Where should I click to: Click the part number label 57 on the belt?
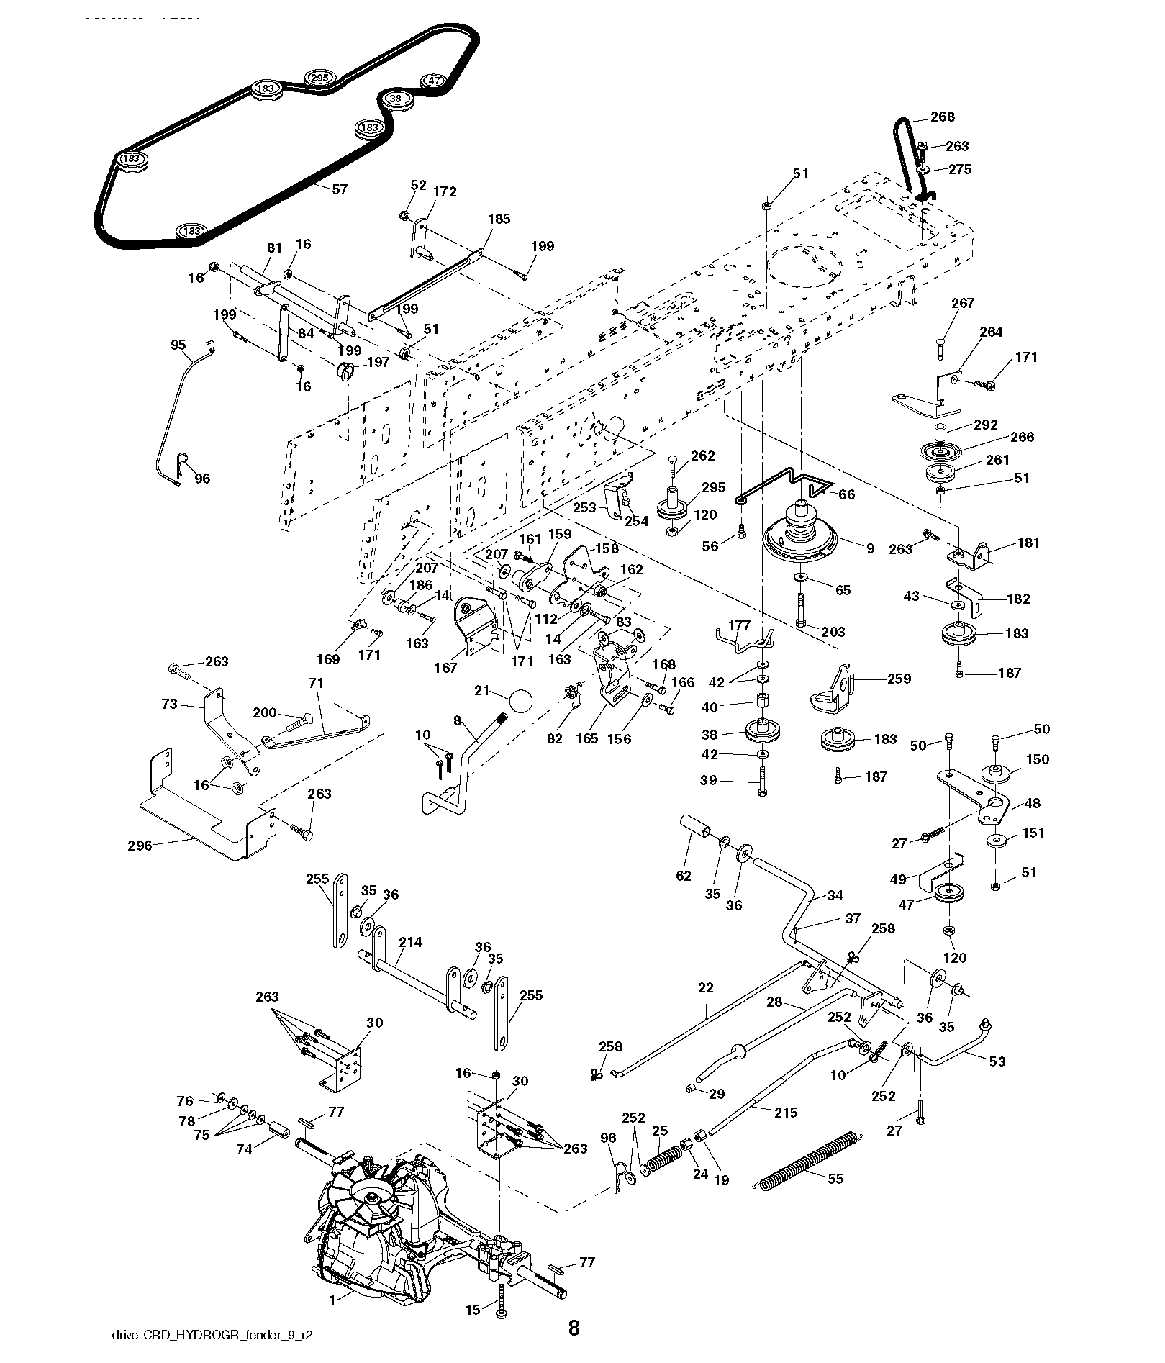(x=339, y=189)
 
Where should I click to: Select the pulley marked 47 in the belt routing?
(x=433, y=81)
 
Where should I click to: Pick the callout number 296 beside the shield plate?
(x=140, y=846)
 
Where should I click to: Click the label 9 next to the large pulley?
(x=870, y=548)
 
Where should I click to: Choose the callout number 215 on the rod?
(x=786, y=1113)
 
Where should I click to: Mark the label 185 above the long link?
(x=499, y=219)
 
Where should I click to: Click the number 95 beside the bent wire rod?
(x=178, y=345)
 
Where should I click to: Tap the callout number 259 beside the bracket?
(x=899, y=678)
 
